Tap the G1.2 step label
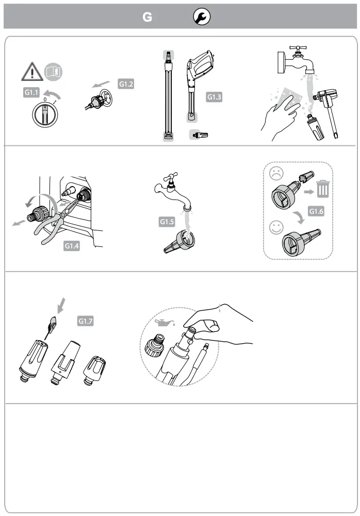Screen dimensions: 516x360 point(126,84)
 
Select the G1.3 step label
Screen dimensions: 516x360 point(214,96)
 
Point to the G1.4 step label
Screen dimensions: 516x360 point(72,246)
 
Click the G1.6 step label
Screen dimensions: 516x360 point(317,211)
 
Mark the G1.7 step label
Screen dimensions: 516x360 point(86,321)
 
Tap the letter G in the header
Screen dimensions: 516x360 point(148,18)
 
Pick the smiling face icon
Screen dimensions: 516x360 point(276,226)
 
